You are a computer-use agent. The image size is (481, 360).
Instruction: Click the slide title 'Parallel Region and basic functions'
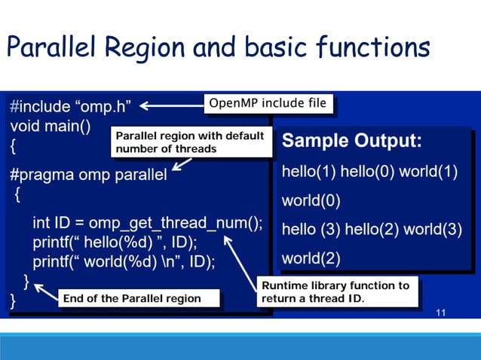tap(219, 48)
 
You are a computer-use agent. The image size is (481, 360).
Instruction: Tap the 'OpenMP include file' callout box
tap(268, 103)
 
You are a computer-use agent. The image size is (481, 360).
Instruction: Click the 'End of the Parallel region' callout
tap(132, 298)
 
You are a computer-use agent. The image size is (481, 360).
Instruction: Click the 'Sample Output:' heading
tap(351, 142)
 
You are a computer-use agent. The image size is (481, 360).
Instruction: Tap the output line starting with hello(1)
tap(369, 171)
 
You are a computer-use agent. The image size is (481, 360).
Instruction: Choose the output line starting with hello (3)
tap(372, 230)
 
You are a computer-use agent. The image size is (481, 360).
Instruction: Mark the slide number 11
tap(442, 313)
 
